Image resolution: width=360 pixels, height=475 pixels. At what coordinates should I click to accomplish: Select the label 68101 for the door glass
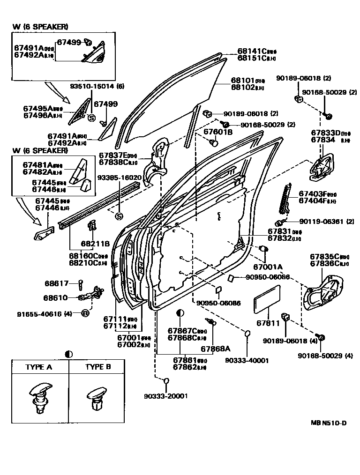tap(242, 80)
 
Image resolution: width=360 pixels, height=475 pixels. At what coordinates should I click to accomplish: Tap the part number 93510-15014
tap(92, 86)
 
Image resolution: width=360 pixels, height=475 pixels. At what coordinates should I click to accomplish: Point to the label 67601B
tap(218, 132)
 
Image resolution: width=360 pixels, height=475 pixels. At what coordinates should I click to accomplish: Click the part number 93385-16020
tap(119, 178)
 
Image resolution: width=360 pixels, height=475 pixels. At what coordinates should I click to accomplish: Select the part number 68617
tap(57, 283)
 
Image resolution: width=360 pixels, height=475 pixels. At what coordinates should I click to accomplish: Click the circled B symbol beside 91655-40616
tap(85, 313)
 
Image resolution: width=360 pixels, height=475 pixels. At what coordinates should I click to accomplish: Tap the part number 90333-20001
tap(165, 395)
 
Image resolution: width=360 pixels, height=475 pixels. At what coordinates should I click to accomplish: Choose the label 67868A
tap(216, 349)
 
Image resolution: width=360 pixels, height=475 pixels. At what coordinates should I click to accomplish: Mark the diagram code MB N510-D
tap(328, 423)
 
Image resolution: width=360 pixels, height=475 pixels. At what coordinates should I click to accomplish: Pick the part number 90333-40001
tap(247, 360)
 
